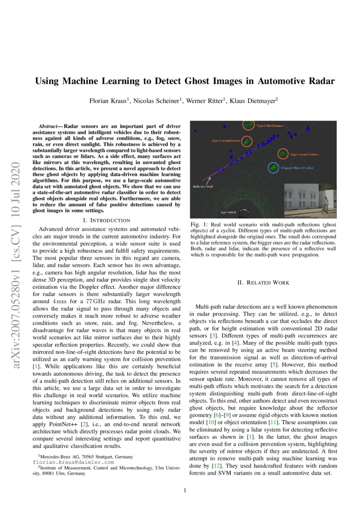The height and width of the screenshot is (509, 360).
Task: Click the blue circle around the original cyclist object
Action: pos(273,168)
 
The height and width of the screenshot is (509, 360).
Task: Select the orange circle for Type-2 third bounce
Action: pos(248,125)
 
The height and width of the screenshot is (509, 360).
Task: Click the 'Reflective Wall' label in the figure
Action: pos(203,186)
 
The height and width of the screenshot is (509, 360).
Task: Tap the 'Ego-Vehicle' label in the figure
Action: pos(229,212)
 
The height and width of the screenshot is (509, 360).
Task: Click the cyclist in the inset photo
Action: pos(324,204)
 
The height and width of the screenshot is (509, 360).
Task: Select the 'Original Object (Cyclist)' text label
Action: pos(297,168)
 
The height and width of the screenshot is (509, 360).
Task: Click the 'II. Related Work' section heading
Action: pos(263,283)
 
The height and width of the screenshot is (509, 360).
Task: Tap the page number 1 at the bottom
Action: pos(185,490)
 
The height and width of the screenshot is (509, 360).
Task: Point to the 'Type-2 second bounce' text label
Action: pos(226,141)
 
